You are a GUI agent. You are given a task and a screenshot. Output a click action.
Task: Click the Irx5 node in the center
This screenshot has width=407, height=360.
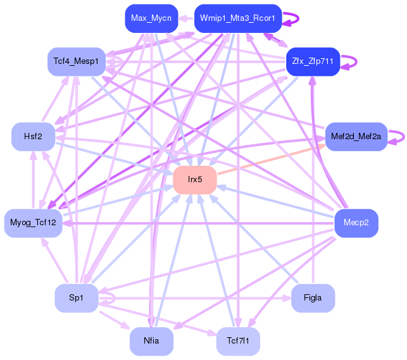[x=195, y=180]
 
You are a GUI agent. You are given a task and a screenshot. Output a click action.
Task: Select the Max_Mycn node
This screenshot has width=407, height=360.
[x=151, y=18]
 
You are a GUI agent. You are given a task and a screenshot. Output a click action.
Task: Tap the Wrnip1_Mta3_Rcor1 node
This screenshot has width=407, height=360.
[x=237, y=18]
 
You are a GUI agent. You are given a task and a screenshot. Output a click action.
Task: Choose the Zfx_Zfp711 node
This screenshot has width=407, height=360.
[x=313, y=61]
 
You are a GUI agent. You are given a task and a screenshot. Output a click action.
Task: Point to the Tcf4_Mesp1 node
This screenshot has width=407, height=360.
[x=76, y=61]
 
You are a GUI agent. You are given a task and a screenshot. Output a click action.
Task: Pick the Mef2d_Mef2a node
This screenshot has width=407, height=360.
[x=356, y=136]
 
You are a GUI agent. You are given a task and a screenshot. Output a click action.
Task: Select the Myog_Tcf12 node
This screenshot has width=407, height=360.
[x=33, y=223]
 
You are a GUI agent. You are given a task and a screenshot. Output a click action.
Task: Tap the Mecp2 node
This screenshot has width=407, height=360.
[x=356, y=223]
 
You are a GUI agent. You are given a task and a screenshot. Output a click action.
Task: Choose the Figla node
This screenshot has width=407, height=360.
[x=313, y=298]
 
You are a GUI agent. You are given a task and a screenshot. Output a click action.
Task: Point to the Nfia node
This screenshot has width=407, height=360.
[x=151, y=341]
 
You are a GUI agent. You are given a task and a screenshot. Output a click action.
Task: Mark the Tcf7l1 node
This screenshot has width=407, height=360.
[x=237, y=341]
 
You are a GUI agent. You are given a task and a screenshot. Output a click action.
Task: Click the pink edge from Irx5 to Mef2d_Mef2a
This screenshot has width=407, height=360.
[x=272, y=159]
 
